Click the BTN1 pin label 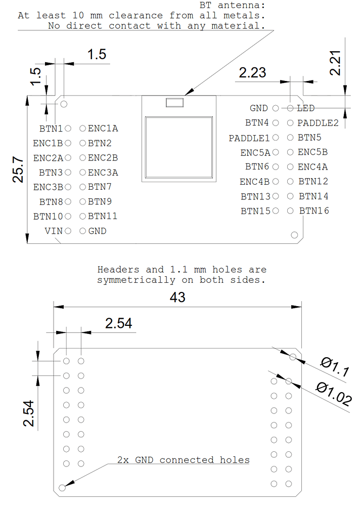click(51, 129)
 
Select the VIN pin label click(54, 231)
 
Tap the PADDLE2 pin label click(318, 122)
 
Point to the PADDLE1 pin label click(249, 138)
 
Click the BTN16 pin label click(314, 210)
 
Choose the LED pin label click(305, 108)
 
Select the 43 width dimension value click(177, 298)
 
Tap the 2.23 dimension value click(252, 72)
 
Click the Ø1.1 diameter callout click(335, 367)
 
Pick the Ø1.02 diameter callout click(333, 394)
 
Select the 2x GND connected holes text click(184, 460)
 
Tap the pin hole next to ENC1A click(82, 129)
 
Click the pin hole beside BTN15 click(276, 210)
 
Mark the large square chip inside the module click(178, 146)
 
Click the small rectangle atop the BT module click(175, 103)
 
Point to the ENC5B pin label click(312, 152)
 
